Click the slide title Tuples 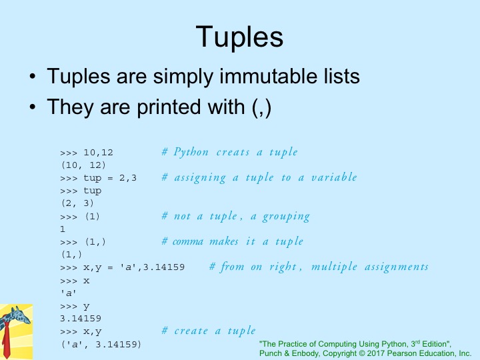coord(239,37)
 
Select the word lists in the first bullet coord(342,76)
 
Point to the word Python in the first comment coord(191,152)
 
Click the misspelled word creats coord(233,153)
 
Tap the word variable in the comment coord(334,177)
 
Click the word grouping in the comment coord(286,217)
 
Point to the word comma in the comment coord(188,242)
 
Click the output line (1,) coord(71,255)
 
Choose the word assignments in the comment coord(397,267)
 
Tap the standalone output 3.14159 coord(81,319)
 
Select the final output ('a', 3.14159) coord(101,345)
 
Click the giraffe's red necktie coord(6,339)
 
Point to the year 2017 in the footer coord(376,353)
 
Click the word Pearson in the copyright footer coord(401,353)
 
